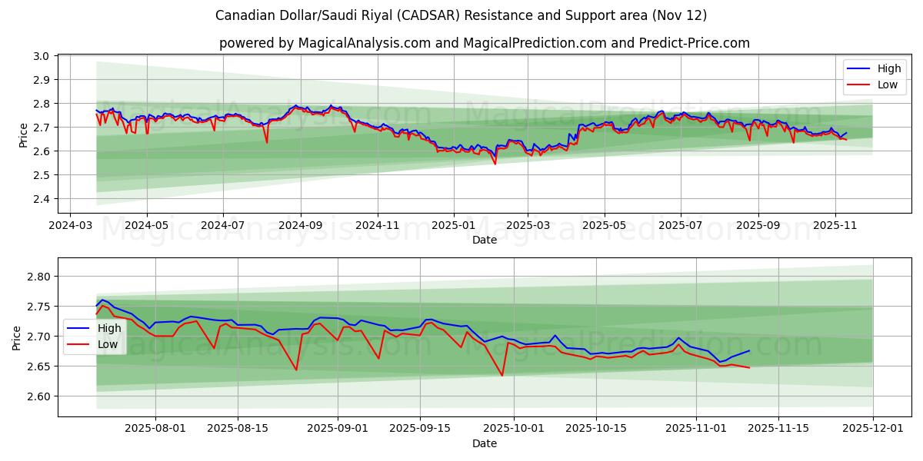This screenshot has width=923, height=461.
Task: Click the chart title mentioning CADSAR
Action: click(461, 15)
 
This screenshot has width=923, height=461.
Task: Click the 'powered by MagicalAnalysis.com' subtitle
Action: click(484, 43)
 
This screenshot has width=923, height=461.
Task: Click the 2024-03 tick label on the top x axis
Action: click(71, 226)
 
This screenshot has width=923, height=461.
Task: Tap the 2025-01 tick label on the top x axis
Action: click(453, 226)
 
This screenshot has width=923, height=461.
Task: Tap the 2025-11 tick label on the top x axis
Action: click(835, 226)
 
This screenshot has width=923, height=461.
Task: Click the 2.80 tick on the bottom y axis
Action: click(38, 277)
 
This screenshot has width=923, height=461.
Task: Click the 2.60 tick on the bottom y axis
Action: click(38, 396)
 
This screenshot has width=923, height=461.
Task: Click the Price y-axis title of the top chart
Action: click(23, 134)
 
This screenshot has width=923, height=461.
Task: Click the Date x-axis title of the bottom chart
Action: click(485, 443)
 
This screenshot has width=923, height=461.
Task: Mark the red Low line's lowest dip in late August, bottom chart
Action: click(296, 370)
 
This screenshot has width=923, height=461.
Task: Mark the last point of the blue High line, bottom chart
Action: click(749, 350)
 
